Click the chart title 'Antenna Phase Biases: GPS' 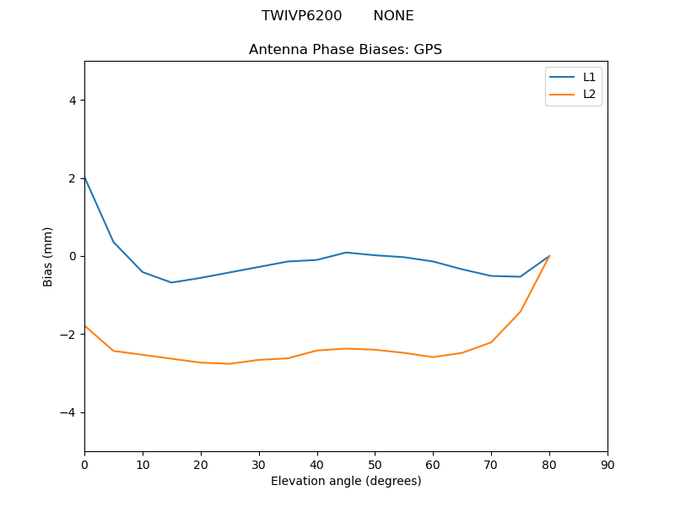(345, 50)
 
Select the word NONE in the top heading (393, 16)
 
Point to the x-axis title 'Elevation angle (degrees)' (345, 482)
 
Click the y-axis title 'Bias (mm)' (48, 256)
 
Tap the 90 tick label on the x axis (607, 465)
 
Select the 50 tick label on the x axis (375, 465)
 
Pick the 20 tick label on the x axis (200, 465)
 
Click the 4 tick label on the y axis (73, 101)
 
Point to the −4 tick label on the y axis (69, 412)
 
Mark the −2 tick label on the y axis (69, 335)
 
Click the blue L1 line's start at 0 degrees (84, 178)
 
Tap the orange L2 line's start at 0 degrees (84, 326)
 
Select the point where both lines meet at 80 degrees (549, 256)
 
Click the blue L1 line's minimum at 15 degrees (171, 282)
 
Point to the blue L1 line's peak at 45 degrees (346, 252)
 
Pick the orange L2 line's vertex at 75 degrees (521, 312)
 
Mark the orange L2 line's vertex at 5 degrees (113, 351)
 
